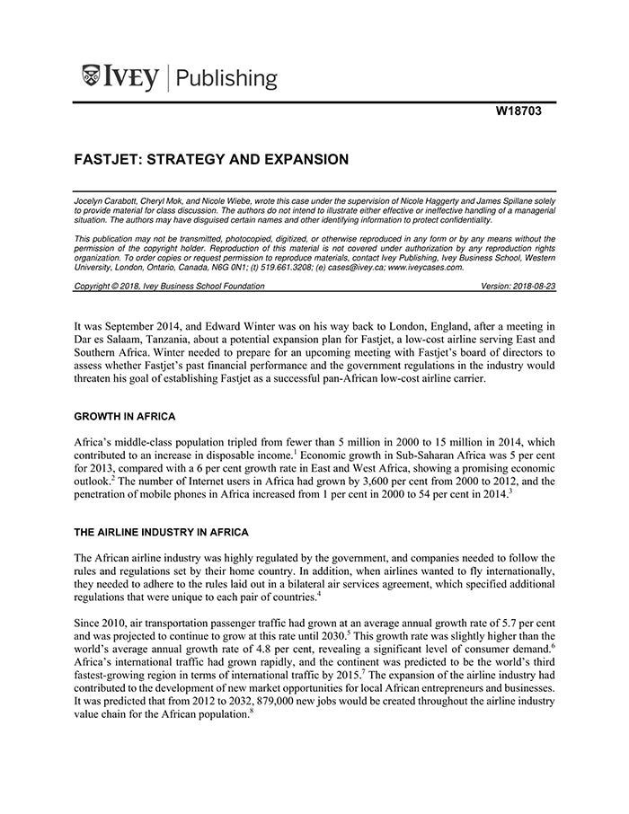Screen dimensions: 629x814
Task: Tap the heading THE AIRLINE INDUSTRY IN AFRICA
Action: click(161, 532)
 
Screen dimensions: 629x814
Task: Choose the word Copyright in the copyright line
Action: click(94, 286)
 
